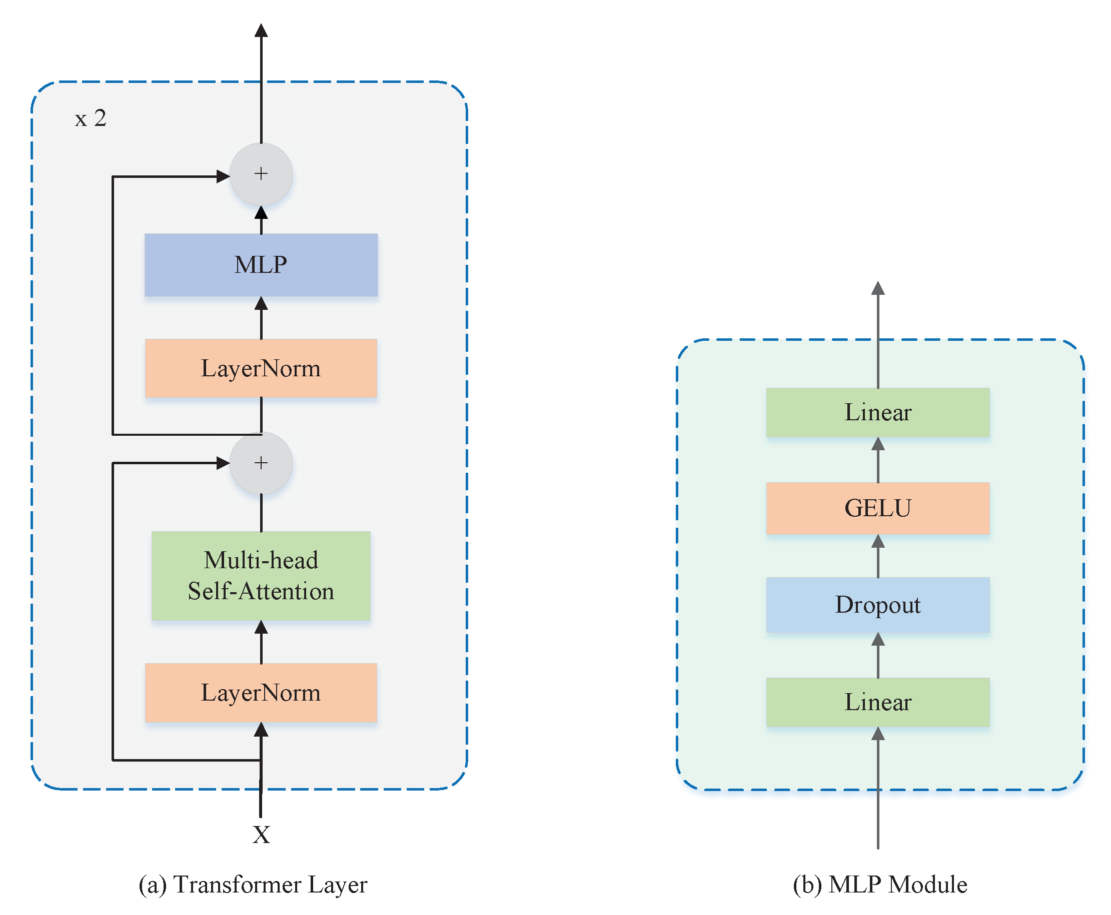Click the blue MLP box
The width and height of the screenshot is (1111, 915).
click(x=261, y=264)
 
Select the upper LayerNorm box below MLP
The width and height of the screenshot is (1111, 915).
click(x=261, y=368)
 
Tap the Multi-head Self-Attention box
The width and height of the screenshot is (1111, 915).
click(x=261, y=576)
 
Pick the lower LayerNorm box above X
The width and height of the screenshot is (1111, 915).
click(x=261, y=693)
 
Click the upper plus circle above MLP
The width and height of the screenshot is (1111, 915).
click(x=261, y=174)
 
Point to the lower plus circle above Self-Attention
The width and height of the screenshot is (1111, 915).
click(x=261, y=463)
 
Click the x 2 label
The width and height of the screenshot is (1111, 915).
click(x=91, y=118)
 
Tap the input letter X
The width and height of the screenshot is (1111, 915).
click(x=261, y=835)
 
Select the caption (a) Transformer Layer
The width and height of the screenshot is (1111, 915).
click(x=252, y=885)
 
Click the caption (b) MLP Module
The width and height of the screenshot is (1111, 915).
click(x=879, y=885)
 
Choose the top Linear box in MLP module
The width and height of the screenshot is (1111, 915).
click(x=877, y=412)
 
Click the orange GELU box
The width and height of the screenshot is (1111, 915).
click(x=877, y=508)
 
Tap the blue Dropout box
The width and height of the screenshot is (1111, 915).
click(x=877, y=605)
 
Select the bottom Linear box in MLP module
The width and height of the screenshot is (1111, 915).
click(x=877, y=702)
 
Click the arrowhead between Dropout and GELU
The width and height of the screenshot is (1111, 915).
click(x=877, y=542)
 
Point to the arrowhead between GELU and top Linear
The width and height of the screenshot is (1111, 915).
click(x=877, y=444)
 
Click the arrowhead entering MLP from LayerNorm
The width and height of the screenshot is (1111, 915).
click(x=261, y=304)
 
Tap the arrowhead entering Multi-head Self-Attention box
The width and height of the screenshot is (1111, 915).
click(x=261, y=628)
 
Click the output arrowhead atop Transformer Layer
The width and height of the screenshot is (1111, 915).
click(x=261, y=30)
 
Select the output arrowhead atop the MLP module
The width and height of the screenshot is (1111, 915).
click(x=877, y=288)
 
